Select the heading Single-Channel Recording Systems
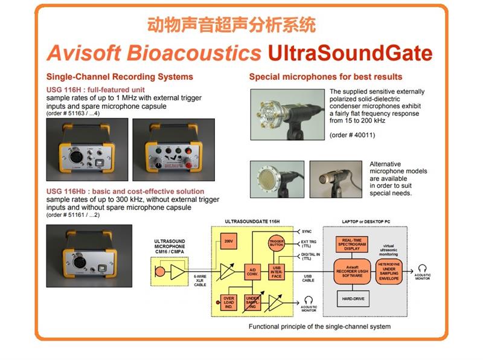(x=120, y=77)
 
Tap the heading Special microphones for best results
(x=325, y=77)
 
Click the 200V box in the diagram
(x=228, y=242)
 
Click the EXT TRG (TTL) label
(x=310, y=245)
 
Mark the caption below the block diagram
(x=319, y=327)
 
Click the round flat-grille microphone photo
(x=277, y=179)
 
